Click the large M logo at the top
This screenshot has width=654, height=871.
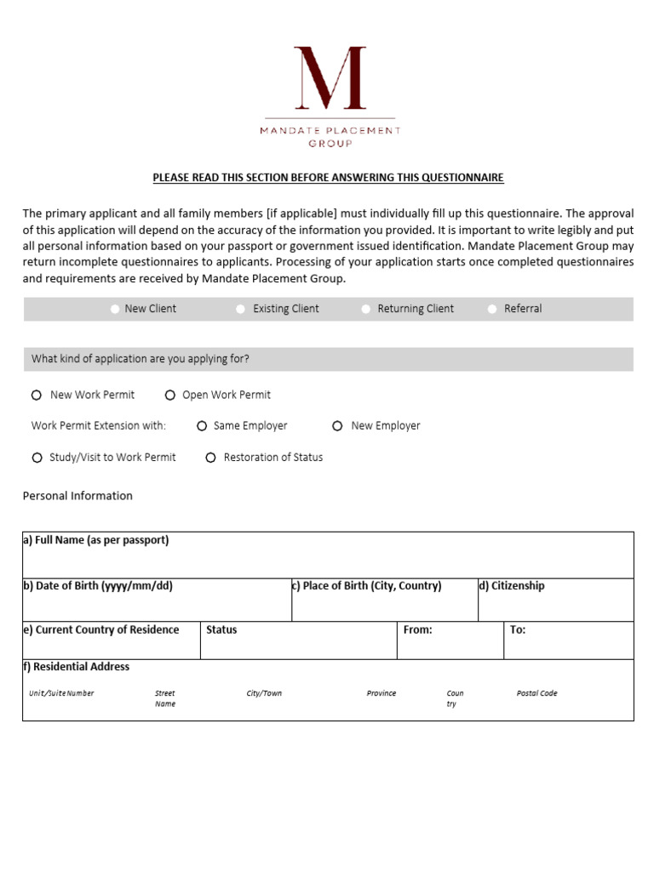click(330, 78)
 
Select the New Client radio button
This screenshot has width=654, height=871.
click(115, 309)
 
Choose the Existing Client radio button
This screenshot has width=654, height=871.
click(241, 309)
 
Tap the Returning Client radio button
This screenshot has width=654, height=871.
click(366, 309)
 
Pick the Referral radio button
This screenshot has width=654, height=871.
click(492, 309)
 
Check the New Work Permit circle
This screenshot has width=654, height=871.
click(37, 395)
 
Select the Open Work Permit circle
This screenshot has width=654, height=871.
click(170, 395)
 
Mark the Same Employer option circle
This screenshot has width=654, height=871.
click(202, 426)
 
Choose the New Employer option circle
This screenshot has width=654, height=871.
click(338, 426)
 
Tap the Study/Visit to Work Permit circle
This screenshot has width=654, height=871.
click(37, 458)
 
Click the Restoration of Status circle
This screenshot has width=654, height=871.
click(210, 458)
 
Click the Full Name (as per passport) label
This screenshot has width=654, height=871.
click(95, 540)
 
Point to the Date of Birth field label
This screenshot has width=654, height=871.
click(97, 586)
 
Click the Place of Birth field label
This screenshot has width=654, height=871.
click(367, 586)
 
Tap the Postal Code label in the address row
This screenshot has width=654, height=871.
click(536, 693)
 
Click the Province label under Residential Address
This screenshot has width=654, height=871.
click(381, 693)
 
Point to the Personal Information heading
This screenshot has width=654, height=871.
click(77, 496)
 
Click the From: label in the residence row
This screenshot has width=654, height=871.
click(417, 630)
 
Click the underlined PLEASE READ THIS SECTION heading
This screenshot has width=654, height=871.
click(328, 178)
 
